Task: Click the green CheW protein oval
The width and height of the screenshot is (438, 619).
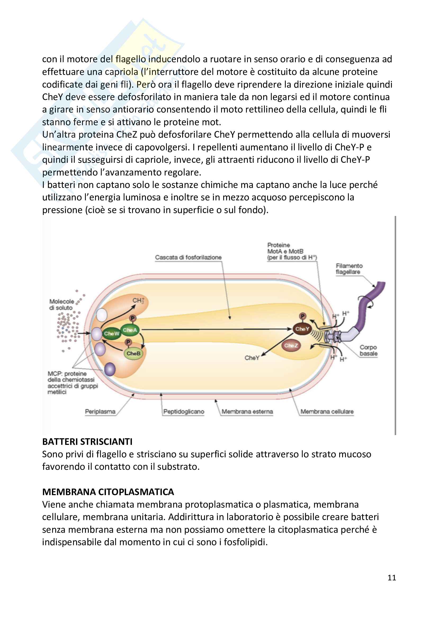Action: pos(111,333)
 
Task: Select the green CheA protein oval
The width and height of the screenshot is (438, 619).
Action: pos(130,330)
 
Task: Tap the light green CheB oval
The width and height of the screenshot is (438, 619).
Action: pos(133,353)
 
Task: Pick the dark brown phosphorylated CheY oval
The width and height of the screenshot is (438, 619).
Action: pos(302,329)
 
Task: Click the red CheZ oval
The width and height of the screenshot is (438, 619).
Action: pos(291,345)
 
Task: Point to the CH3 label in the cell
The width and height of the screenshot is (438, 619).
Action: pos(138,300)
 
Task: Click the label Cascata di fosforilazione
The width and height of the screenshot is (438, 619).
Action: pos(188,257)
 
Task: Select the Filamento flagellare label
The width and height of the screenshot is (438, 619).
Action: pos(349,269)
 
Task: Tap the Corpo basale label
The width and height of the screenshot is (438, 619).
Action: pos(368,350)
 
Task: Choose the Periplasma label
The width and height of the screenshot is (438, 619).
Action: pos(100,412)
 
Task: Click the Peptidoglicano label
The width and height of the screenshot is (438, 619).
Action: pos(184,412)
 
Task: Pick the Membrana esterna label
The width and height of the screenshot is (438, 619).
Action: pos(247,412)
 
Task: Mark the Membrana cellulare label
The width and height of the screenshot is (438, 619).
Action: pos(327,412)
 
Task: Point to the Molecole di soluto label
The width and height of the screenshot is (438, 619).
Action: pos(61,304)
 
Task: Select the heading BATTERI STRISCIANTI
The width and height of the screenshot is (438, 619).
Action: pos(87,442)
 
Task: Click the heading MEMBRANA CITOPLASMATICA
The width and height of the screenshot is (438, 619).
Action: pos(108,492)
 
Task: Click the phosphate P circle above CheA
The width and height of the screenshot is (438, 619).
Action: pos(132,318)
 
